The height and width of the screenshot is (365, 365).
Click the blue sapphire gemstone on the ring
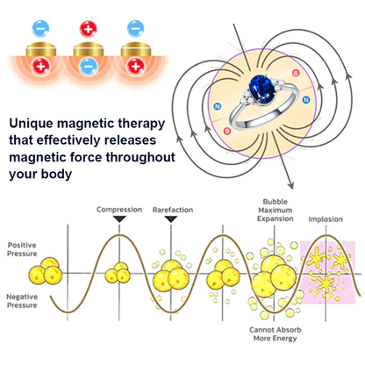click(x=261, y=89)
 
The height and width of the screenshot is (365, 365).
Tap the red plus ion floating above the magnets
click(x=88, y=29)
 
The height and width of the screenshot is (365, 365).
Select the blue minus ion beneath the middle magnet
click(x=88, y=67)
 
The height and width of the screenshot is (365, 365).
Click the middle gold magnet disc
click(x=88, y=49)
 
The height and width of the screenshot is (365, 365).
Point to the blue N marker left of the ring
click(x=217, y=107)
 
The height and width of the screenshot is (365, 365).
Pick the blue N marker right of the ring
click(x=306, y=100)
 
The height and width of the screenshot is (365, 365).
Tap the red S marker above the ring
click(x=296, y=73)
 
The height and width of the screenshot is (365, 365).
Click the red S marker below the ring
click(x=227, y=131)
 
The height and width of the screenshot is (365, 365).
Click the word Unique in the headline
click(x=32, y=124)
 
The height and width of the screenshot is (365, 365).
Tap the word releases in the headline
click(x=130, y=140)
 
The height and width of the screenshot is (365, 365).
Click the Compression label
click(x=119, y=210)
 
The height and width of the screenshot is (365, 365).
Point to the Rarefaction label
click(x=173, y=210)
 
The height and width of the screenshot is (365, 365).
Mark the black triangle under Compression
click(x=119, y=218)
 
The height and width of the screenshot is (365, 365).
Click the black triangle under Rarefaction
click(x=171, y=218)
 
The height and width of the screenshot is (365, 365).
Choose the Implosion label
click(x=326, y=219)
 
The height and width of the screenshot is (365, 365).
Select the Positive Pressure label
click(x=22, y=249)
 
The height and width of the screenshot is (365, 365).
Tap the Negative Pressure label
click(x=22, y=301)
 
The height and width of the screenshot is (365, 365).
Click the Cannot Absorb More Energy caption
click(x=275, y=334)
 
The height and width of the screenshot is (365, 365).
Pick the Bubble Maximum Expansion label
click(x=276, y=210)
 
